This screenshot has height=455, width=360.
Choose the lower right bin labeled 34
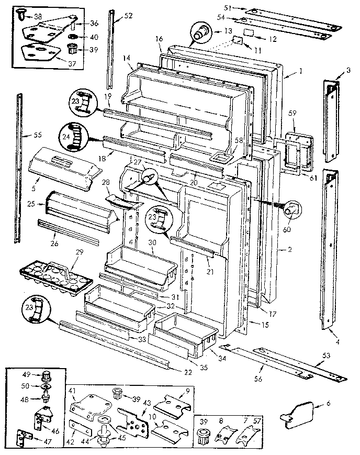coord(186,331)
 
